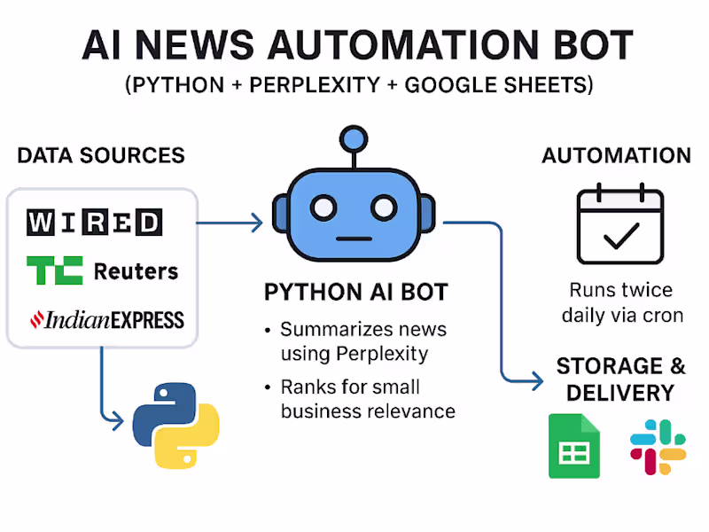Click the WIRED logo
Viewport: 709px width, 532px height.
pyautogui.click(x=94, y=222)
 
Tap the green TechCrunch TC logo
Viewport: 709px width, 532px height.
pyautogui.click(x=54, y=270)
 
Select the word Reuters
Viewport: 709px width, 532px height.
pyautogui.click(x=136, y=270)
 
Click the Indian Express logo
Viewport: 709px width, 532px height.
pyautogui.click(x=106, y=319)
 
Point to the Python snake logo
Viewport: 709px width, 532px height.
pyautogui.click(x=175, y=425)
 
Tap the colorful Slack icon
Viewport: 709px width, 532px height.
pyautogui.click(x=658, y=447)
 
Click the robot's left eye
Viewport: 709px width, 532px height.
pyautogui.click(x=325, y=208)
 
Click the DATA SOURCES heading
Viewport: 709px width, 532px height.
pyautogui.click(x=101, y=156)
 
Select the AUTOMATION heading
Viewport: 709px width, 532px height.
pyautogui.click(x=616, y=156)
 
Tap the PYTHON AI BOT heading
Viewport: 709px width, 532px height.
pyautogui.click(x=356, y=293)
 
